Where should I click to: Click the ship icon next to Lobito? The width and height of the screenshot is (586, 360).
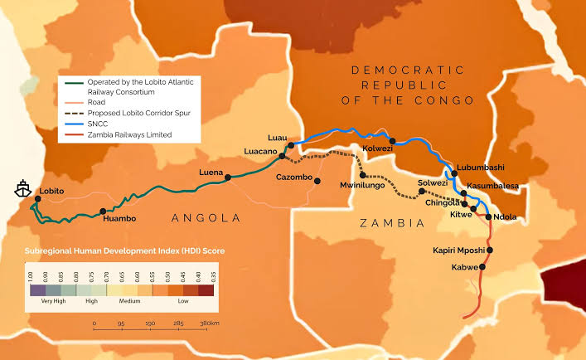19,188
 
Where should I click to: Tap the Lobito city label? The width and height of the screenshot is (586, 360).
52,191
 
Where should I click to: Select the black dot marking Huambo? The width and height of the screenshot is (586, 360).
103,211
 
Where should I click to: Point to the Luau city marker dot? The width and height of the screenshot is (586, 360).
291,145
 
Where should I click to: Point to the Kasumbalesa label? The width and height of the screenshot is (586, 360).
492,187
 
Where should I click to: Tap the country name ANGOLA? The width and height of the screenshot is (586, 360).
205,217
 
